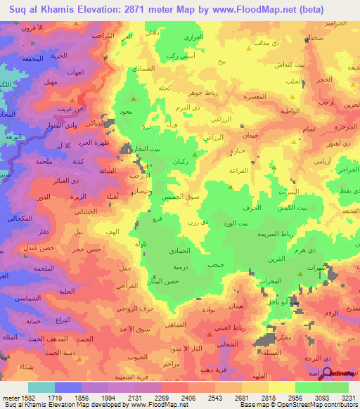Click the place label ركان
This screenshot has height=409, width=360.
[x=179, y=162]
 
